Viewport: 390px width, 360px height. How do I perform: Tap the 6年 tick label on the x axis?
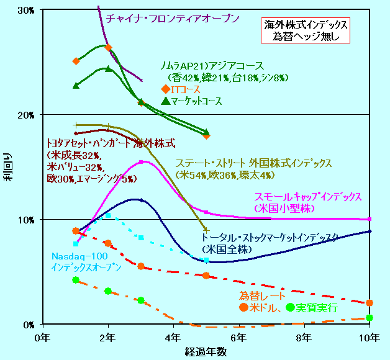point(238,337)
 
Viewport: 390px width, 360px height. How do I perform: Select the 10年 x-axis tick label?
point(369,337)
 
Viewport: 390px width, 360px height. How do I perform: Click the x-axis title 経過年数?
point(206,351)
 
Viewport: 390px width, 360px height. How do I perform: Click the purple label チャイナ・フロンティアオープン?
point(172,19)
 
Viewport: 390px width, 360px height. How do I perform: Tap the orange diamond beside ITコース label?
point(165,89)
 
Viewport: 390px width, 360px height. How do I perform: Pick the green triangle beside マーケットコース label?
point(165,101)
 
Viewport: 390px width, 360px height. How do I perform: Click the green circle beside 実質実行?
point(291,307)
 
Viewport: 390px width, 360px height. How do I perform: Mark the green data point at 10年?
point(370,318)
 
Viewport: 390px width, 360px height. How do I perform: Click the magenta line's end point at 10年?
point(370,219)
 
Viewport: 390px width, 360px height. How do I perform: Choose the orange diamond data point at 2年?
point(109,48)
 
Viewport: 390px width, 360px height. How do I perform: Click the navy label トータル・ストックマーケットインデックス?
point(270,237)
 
